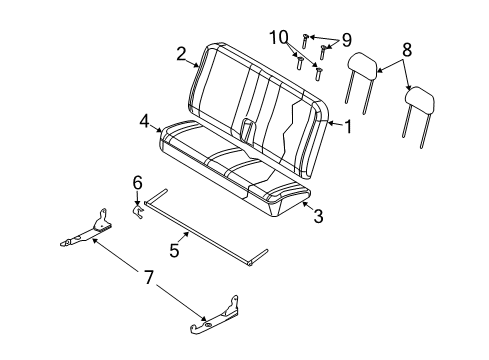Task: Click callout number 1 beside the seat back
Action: pos(347,127)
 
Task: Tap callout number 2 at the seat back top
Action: pos(182,53)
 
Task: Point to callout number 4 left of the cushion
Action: pos(145,122)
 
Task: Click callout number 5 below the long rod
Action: pos(175,251)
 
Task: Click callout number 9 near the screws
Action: pos(346,40)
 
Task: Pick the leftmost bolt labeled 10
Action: pos(299,61)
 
